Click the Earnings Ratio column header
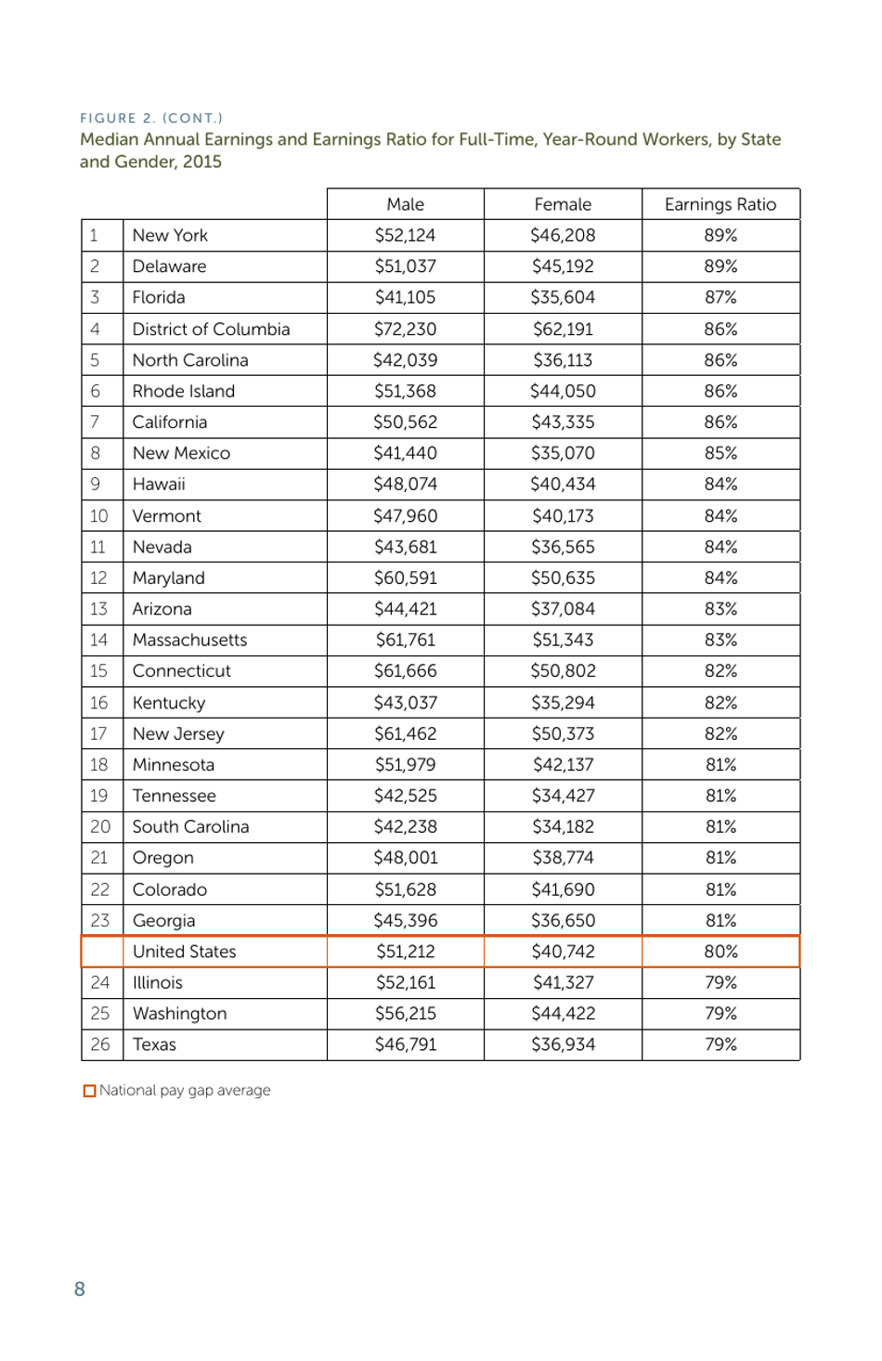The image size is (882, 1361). [720, 204]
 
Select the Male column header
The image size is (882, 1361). [405, 204]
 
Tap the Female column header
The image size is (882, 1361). [563, 204]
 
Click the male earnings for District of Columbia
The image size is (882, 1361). [405, 329]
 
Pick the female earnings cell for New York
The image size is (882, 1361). [563, 235]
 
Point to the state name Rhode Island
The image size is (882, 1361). [183, 391]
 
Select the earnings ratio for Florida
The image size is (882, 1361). [720, 297]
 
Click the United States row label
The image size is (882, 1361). [184, 952]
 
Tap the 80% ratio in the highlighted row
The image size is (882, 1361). [720, 952]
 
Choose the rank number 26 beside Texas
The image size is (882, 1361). [100, 1044]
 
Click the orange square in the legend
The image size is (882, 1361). [89, 1091]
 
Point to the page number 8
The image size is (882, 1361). [80, 1289]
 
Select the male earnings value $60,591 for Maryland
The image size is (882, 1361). [405, 577]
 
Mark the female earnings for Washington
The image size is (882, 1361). [563, 1014]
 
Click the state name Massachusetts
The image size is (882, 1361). [189, 640]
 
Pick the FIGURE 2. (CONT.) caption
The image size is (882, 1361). [151, 118]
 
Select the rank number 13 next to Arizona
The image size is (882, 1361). [98, 609]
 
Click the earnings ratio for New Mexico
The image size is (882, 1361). [720, 453]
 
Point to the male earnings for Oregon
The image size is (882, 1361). [405, 858]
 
